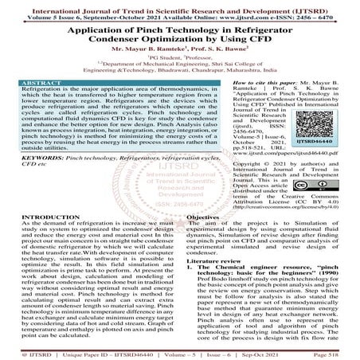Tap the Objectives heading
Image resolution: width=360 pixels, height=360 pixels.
(x=206, y=216)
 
